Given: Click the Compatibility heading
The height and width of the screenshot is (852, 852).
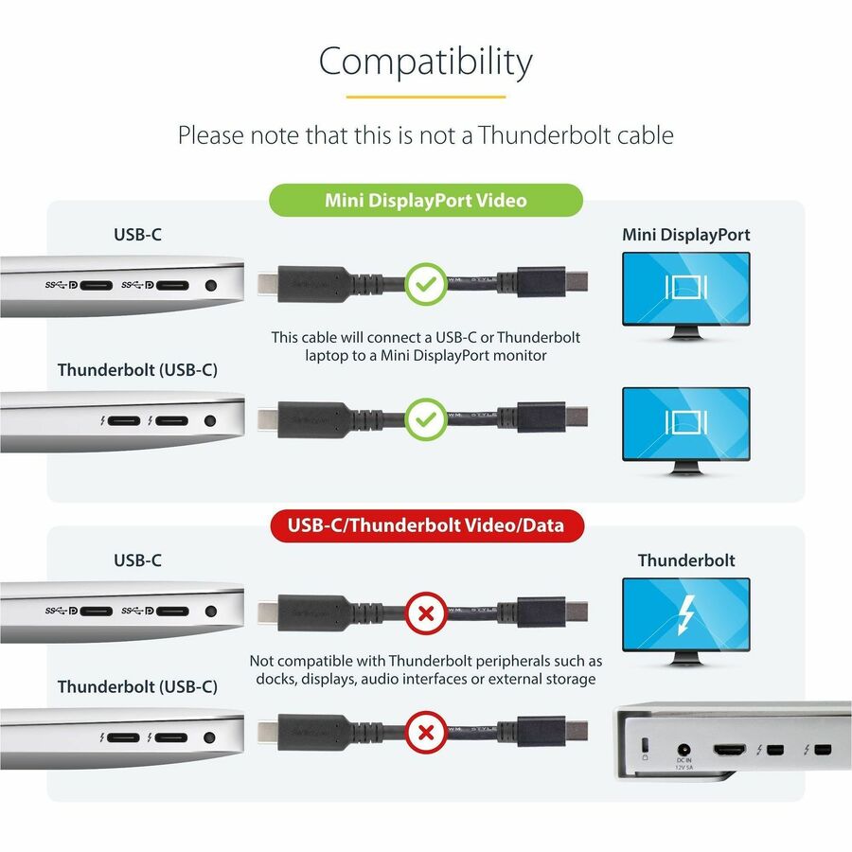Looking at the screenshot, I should point(425,62).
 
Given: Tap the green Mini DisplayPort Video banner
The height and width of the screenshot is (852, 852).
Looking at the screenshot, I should point(425,201).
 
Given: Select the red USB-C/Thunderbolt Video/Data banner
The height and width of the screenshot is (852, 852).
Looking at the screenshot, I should point(425,524).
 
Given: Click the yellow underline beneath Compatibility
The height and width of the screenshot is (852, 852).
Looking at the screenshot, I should point(425,97).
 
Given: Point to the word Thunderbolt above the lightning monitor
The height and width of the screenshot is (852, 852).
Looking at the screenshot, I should point(686,560).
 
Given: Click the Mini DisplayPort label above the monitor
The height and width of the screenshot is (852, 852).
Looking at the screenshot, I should point(686,235).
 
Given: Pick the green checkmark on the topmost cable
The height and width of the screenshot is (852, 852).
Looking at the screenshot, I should point(425,282).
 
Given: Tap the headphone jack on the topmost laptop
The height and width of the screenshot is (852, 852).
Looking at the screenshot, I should point(210,284).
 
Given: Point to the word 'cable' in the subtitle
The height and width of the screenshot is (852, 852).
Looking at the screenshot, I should point(643,135).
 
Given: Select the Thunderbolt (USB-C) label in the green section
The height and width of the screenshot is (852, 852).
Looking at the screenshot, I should point(137,369).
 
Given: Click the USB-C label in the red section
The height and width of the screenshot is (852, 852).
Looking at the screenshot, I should point(137,560).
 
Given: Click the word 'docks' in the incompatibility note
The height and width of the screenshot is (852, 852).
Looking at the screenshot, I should point(275,679).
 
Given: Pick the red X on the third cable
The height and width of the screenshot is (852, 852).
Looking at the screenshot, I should point(425,613).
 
